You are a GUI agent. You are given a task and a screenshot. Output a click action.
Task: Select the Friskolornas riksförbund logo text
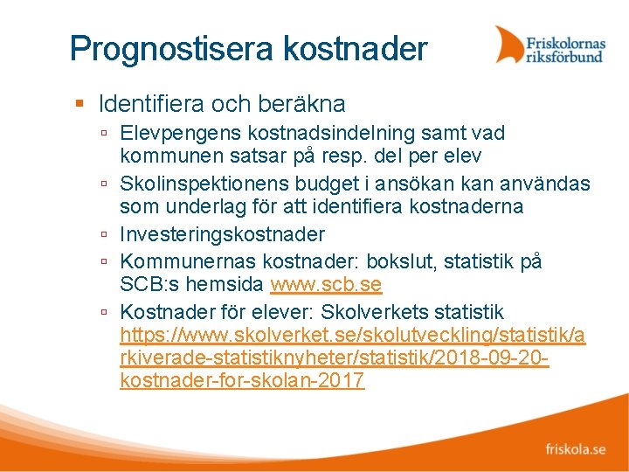coord(565,48)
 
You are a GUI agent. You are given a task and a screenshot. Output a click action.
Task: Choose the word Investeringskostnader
coord(222,234)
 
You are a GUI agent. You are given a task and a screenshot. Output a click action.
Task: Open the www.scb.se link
coord(326,286)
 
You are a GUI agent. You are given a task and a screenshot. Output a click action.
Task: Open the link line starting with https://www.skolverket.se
coord(353,336)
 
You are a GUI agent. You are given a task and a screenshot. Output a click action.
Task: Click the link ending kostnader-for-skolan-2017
coord(242,381)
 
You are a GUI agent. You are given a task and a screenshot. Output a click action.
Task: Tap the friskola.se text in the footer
coord(575,449)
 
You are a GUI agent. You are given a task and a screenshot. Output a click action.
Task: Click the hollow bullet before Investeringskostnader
coord(104,234)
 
